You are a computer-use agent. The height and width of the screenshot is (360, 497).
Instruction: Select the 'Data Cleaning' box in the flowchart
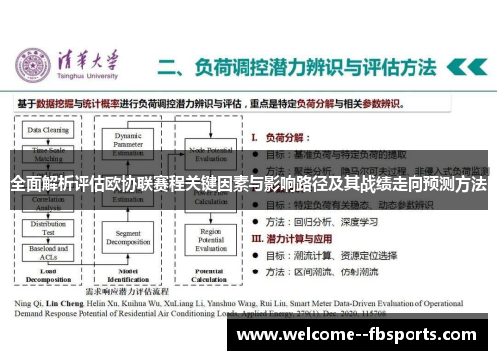[x=47, y=130]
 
